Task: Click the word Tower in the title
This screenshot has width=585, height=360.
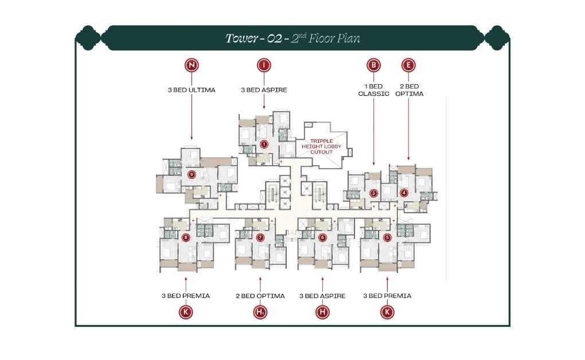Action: (240, 39)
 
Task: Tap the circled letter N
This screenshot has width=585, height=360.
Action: (192, 65)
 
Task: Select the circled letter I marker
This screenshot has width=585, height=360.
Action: (263, 65)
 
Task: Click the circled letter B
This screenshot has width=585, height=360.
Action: (374, 65)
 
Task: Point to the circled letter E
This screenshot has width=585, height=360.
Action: (408, 65)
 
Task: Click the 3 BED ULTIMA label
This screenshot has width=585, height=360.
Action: (192, 90)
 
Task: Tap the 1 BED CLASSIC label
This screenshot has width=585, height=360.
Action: (374, 90)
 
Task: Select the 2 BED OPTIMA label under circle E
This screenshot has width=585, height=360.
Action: (409, 90)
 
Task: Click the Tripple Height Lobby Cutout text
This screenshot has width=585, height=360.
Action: (325, 146)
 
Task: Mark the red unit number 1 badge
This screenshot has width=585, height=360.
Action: (264, 144)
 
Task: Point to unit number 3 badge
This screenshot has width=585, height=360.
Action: (373, 193)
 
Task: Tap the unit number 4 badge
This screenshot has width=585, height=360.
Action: (404, 193)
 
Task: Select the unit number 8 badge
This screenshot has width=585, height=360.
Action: (185, 237)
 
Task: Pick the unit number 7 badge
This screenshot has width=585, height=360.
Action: (260, 237)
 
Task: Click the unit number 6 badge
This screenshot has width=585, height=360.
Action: (322, 237)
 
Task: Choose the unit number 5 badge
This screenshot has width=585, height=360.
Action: (387, 237)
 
